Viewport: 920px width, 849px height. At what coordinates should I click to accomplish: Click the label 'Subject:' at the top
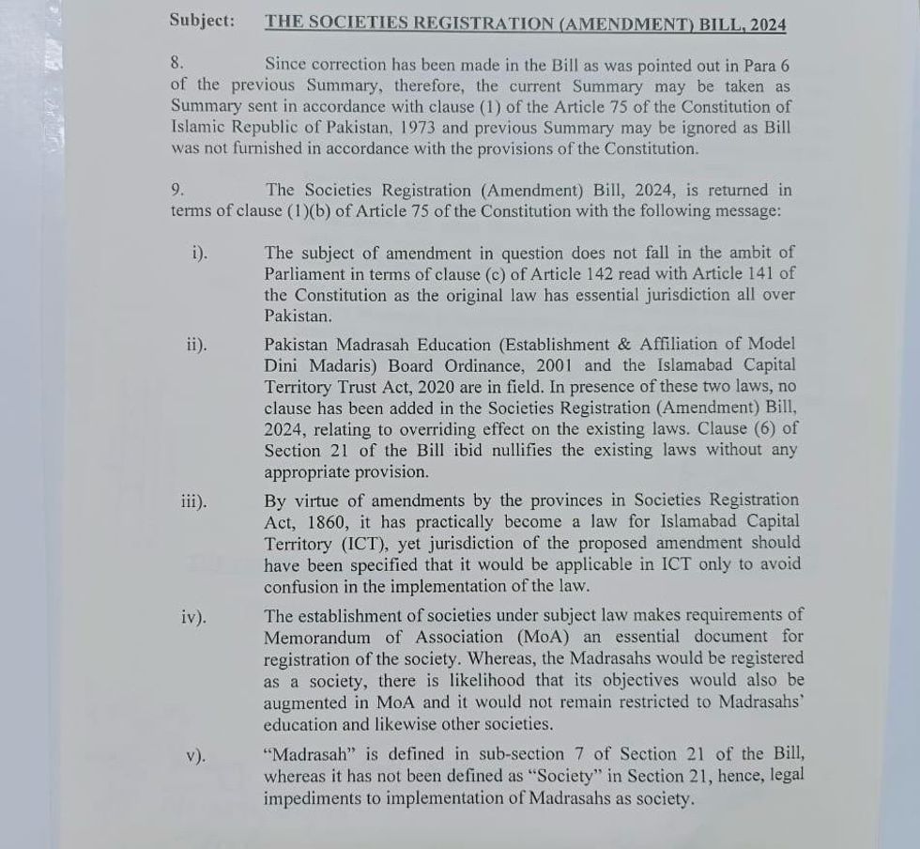(x=203, y=21)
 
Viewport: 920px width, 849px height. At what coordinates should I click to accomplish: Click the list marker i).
(x=198, y=254)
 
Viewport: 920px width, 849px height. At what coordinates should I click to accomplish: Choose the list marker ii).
(x=196, y=345)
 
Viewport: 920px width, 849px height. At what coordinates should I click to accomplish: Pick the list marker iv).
(x=194, y=617)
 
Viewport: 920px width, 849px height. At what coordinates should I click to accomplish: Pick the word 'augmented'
(x=310, y=702)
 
